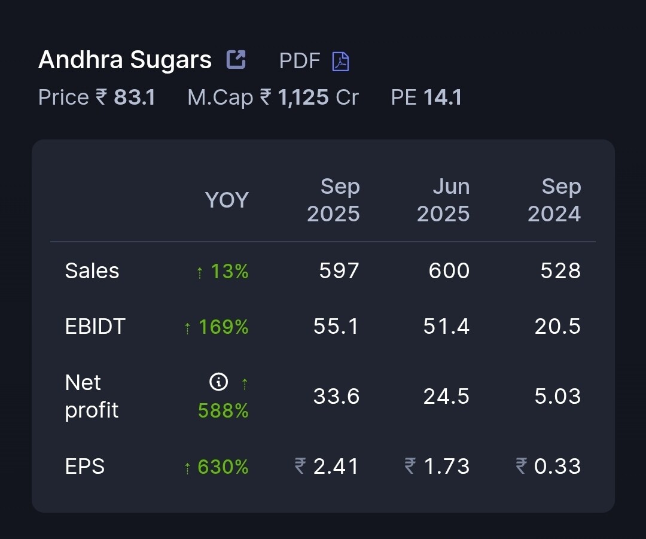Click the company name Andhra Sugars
pyautogui.click(x=124, y=60)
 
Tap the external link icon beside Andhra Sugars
pyautogui.click(x=236, y=59)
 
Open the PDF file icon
pyautogui.click(x=341, y=61)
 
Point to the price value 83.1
pyautogui.click(x=135, y=97)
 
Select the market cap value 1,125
pyautogui.click(x=303, y=97)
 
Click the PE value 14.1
pyautogui.click(x=443, y=97)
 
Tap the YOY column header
pyautogui.click(x=227, y=200)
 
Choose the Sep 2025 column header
pyautogui.click(x=334, y=200)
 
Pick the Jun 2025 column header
pyautogui.click(x=443, y=200)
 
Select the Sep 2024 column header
pyautogui.click(x=554, y=200)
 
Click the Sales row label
pyautogui.click(x=92, y=271)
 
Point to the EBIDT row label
pyautogui.click(x=95, y=327)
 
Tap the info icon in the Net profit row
pyautogui.click(x=219, y=382)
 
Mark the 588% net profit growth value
pyautogui.click(x=223, y=410)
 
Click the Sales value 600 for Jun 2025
pyautogui.click(x=449, y=271)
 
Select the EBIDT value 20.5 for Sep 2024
pyautogui.click(x=557, y=327)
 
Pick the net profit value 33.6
pyautogui.click(x=336, y=396)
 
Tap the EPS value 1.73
pyautogui.click(x=446, y=466)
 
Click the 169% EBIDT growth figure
pyautogui.click(x=223, y=327)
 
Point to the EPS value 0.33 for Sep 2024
pyautogui.click(x=557, y=466)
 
